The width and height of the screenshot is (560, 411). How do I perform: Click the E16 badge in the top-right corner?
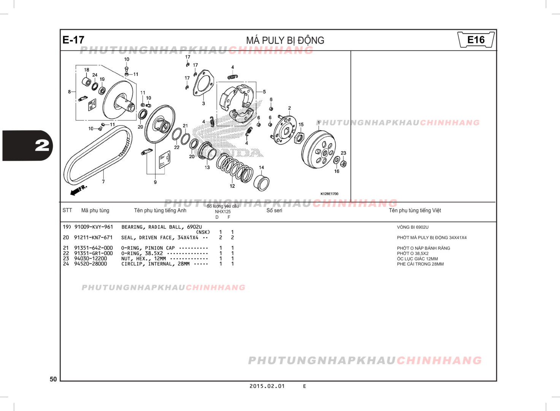pyautogui.click(x=476, y=40)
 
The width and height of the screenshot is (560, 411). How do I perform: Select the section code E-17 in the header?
pyautogui.click(x=73, y=40)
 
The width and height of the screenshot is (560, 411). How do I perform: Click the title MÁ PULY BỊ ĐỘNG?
pyautogui.click(x=285, y=40)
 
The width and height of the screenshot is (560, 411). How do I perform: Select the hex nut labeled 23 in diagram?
pyautogui.click(x=343, y=164)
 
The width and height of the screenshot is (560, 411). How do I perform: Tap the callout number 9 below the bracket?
pyautogui.click(x=155, y=182)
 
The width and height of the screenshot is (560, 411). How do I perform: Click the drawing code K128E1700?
pyautogui.click(x=329, y=194)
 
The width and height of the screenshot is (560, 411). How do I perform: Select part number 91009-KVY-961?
pyautogui.click(x=94, y=227)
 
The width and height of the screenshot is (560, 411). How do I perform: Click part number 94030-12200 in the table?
pyautogui.click(x=90, y=258)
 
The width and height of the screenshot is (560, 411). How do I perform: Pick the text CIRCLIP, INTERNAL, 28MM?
pyautogui.click(x=155, y=264)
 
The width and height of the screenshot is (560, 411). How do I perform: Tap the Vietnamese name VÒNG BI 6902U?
pyautogui.click(x=412, y=227)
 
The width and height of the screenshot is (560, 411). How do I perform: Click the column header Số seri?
pyautogui.click(x=274, y=210)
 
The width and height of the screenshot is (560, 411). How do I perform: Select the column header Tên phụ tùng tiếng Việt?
pyautogui.click(x=415, y=210)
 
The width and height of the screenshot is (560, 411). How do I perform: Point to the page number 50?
pyautogui.click(x=53, y=379)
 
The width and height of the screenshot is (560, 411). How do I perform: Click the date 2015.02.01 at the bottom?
pyautogui.click(x=267, y=386)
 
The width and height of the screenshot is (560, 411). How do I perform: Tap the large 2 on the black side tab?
pyautogui.click(x=42, y=146)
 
